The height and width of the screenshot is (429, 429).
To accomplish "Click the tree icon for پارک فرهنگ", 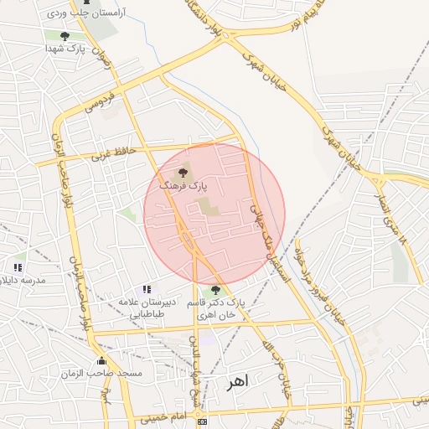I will [184, 173].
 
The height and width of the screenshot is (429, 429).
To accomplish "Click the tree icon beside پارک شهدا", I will [65, 36].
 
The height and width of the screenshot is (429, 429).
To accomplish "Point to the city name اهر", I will [237, 381].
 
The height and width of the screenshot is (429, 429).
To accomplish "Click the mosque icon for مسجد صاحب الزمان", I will [102, 361].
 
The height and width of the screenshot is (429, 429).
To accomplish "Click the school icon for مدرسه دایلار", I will [18, 267].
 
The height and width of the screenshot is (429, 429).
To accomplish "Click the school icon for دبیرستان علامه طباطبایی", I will [147, 289].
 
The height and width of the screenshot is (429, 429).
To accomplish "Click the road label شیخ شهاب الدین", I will [196, 373].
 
